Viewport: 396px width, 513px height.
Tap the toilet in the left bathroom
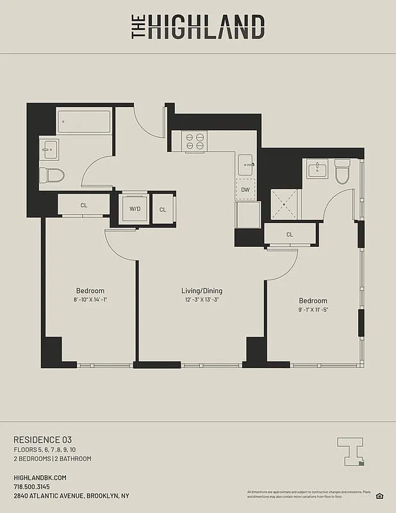click(x=53, y=176)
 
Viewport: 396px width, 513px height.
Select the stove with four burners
click(x=194, y=141)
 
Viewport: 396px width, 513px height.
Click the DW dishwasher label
click(x=245, y=189)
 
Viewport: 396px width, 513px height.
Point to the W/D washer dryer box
click(x=135, y=209)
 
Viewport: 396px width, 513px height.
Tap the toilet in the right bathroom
click(x=342, y=171)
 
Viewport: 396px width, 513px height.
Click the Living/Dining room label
click(x=201, y=291)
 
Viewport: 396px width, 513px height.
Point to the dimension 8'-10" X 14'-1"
click(x=90, y=299)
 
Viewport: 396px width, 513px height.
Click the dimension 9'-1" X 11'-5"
click(x=313, y=310)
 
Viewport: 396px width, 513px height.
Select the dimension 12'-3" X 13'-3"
click(x=201, y=300)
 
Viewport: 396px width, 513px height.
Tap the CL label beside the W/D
click(x=163, y=210)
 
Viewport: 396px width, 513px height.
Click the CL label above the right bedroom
click(x=290, y=235)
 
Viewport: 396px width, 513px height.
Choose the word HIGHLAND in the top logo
click(x=206, y=28)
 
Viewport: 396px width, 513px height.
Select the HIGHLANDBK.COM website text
click(x=40, y=478)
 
